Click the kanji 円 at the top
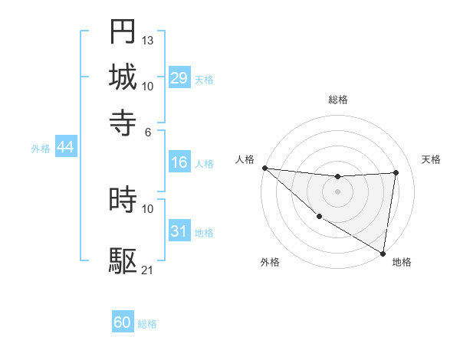(x=123, y=31)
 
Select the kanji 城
(x=123, y=77)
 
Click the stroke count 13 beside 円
(x=148, y=40)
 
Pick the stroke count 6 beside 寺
(x=148, y=131)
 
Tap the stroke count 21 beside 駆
(x=148, y=270)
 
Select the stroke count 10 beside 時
(x=148, y=208)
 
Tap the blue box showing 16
(x=179, y=162)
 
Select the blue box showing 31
(x=179, y=231)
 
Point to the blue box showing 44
(x=65, y=147)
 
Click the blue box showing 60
(x=123, y=322)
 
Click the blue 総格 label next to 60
(x=147, y=324)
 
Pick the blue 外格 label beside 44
(x=41, y=149)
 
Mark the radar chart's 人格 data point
(x=264, y=168)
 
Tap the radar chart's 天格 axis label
(x=431, y=159)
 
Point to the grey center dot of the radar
(x=337, y=191)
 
